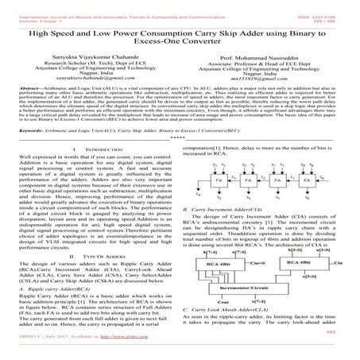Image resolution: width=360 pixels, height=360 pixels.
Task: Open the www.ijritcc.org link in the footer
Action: pos(144,353)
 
